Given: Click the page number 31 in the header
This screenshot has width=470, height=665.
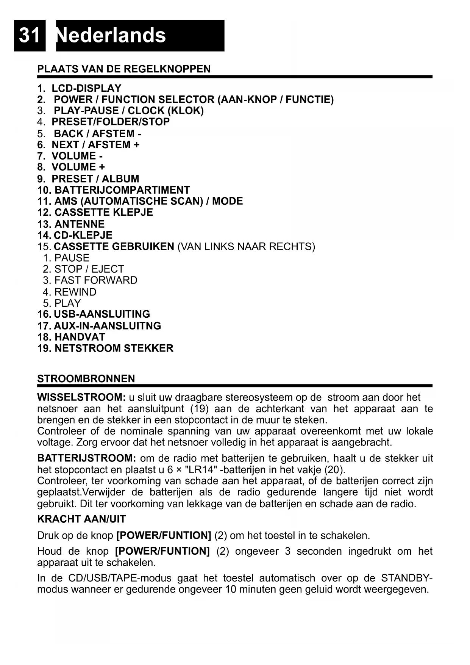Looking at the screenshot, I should [x=29, y=35].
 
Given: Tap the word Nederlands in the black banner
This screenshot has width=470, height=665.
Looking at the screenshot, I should [x=111, y=35].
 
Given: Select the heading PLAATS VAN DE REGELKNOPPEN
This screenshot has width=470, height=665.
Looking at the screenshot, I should [x=124, y=69].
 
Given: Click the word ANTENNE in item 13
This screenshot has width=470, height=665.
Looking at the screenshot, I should [x=80, y=224].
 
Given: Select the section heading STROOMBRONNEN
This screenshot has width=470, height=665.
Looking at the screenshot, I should [x=86, y=379].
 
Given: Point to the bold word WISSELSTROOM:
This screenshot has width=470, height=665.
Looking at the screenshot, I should [x=81, y=397].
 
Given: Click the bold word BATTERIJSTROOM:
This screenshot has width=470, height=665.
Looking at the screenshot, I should [x=87, y=458].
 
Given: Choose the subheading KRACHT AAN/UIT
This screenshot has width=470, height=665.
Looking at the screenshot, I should [x=81, y=519].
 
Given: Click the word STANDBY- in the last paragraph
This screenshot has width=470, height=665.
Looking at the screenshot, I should [x=407, y=578].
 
